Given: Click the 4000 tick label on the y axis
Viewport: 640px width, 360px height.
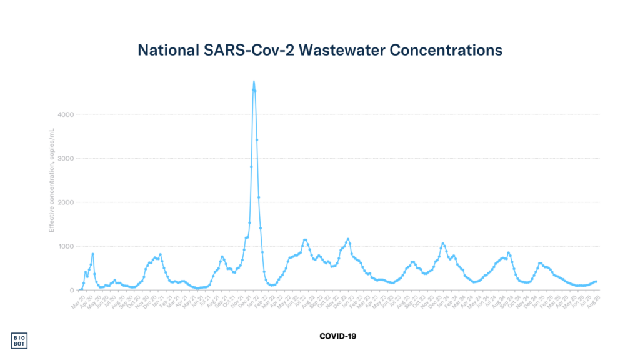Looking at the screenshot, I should pos(66,114).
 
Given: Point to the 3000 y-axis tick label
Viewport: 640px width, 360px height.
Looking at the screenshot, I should pos(66,158).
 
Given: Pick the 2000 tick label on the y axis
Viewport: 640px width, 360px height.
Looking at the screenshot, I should pos(66,202).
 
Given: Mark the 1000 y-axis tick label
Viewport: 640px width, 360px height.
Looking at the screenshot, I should pos(66,246).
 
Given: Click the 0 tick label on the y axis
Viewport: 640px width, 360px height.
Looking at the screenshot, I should pos(72,290).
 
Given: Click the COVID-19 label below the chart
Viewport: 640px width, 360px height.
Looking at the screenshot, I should pos(337,336).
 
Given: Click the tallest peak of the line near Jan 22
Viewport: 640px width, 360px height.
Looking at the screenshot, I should pos(254,81).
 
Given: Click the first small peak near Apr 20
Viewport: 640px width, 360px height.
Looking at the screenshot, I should pos(86,271).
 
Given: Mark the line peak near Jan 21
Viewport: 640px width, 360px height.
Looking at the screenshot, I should pos(161,254).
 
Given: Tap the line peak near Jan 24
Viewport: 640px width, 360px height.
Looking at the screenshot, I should pos(442,244).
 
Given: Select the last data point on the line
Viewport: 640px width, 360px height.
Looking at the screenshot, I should pos(596,281).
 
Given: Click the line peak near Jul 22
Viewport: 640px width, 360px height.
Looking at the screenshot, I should pos(305,239).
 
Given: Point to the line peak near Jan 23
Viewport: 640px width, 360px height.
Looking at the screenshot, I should pos(348,239).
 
